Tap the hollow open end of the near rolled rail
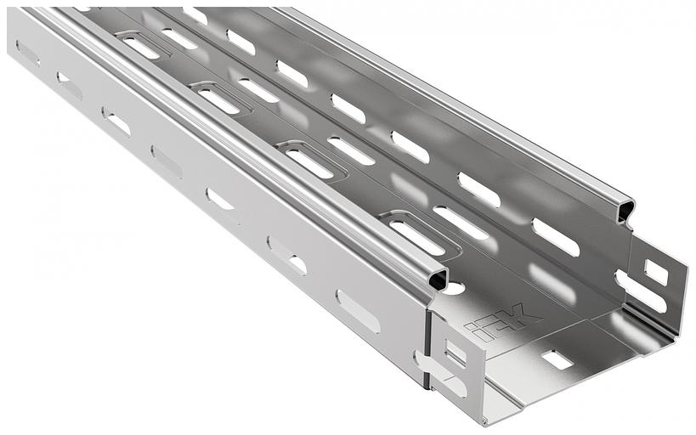coord(438,280)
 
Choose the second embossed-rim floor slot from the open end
coord(312,160)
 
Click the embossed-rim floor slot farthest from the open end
coord(142,46)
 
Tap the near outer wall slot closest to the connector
coord(358,311)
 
